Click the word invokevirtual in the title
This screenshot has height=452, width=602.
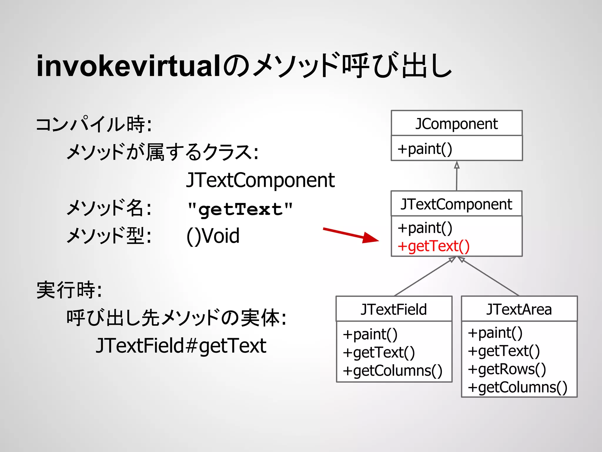click(128, 66)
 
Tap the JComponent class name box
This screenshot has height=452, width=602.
click(456, 124)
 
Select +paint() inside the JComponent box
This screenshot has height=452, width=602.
click(425, 149)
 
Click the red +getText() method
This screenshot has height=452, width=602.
click(434, 246)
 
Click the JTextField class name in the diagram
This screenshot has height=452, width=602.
click(394, 309)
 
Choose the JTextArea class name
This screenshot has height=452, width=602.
click(519, 309)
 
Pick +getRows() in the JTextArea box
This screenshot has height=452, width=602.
click(507, 369)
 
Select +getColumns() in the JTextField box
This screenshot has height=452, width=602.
click(392, 370)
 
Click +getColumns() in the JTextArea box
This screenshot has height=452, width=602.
click(518, 387)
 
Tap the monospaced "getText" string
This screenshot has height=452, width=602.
click(240, 209)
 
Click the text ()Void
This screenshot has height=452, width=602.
click(213, 236)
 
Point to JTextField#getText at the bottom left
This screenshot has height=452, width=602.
click(181, 345)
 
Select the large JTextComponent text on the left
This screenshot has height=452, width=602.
click(260, 180)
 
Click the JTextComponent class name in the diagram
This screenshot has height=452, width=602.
click(456, 204)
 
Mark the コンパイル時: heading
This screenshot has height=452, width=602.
click(94, 124)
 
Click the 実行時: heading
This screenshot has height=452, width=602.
click(69, 290)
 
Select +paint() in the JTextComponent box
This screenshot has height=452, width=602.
click(425, 228)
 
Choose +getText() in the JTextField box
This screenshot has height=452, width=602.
click(379, 353)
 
